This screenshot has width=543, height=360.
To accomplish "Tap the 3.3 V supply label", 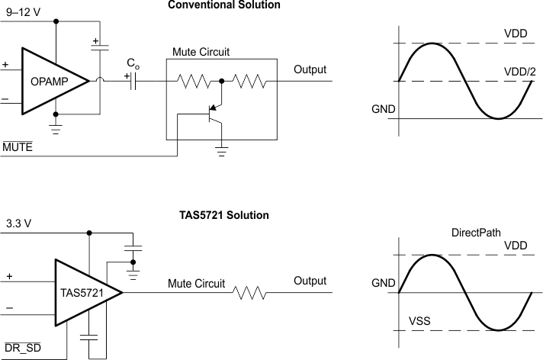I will point(19,224).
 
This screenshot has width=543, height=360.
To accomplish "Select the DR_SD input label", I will point(24,348).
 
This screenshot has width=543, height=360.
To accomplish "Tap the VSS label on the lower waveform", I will point(419,321).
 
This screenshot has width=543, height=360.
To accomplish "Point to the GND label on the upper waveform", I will point(384,109).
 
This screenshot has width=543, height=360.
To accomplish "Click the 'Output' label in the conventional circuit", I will point(310,70).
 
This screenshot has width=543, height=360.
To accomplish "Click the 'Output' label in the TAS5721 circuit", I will point(310,281).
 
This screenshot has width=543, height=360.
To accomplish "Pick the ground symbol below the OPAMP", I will point(55,128).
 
